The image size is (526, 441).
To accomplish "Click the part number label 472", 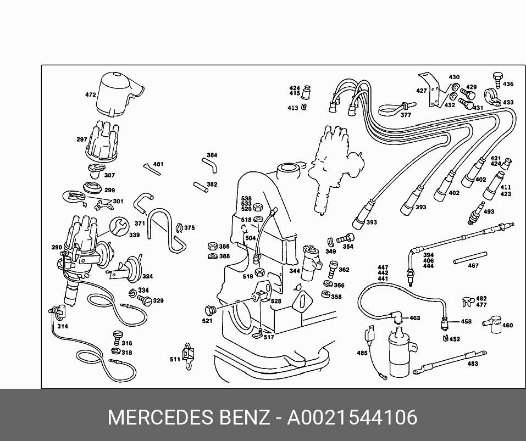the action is tap(90, 95).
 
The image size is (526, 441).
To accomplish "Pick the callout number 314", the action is tap(63, 326).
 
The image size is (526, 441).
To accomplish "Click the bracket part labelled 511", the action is tap(188, 356).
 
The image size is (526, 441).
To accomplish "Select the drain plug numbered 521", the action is tap(211, 311).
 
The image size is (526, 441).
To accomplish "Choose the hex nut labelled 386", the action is tap(212, 246).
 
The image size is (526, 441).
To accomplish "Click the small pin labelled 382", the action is tap(201, 187).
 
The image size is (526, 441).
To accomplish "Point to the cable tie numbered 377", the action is tap(396, 108).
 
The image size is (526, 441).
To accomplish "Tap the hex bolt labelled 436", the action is tap(498, 80).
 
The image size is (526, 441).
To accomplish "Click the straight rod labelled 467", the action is tap(470, 258).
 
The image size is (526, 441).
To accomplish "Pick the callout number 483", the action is tap(472, 364).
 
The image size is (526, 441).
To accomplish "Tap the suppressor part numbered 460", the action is tap(492, 323).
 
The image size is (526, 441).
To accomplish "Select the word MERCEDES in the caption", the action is tap(160, 417).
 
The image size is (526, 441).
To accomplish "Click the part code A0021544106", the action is tap(352, 417).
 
